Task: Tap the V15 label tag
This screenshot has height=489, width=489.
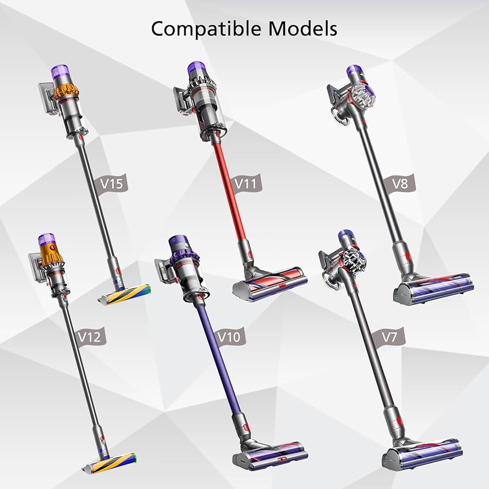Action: (x=113, y=184)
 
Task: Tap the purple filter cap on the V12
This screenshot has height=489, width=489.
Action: (x=46, y=241)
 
